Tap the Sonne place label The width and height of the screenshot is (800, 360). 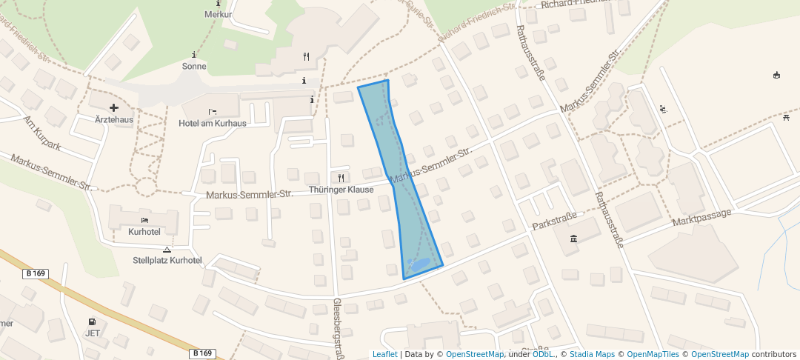(x=194, y=66)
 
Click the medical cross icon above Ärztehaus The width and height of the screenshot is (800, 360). (x=113, y=108)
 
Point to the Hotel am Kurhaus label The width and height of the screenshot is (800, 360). (x=213, y=123)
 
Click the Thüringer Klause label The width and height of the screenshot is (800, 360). (x=341, y=190)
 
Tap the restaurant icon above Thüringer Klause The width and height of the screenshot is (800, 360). (x=341, y=178)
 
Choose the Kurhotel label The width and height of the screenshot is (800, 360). (x=144, y=232)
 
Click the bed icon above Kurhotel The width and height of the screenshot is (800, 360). (x=144, y=221)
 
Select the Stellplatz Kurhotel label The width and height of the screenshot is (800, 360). (x=167, y=260)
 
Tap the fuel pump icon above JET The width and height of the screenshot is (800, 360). (x=92, y=322)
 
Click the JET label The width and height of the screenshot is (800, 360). (x=93, y=333)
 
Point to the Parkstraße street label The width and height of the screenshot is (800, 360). (x=554, y=220)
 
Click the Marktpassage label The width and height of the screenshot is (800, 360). (x=701, y=217)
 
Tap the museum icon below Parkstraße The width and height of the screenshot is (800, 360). (x=574, y=238)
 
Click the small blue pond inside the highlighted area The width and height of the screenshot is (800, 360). (x=419, y=264)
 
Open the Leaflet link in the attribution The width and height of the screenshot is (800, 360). (x=384, y=354)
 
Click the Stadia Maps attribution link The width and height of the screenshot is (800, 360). (x=591, y=354)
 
